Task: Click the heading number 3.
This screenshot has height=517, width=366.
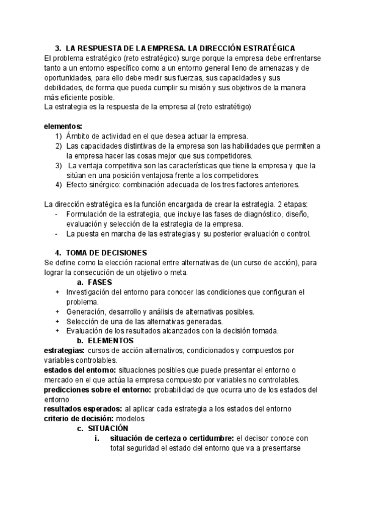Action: (57, 48)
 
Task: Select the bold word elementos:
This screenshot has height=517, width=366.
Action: (63, 126)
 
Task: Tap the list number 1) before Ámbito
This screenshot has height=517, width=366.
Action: (58, 136)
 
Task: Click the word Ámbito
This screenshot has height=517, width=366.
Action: (79, 136)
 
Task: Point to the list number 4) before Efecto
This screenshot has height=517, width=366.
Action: (58, 185)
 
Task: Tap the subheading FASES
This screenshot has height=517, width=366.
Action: (99, 282)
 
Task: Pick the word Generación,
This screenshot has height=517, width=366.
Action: (89, 312)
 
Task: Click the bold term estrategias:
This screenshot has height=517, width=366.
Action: (65, 351)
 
